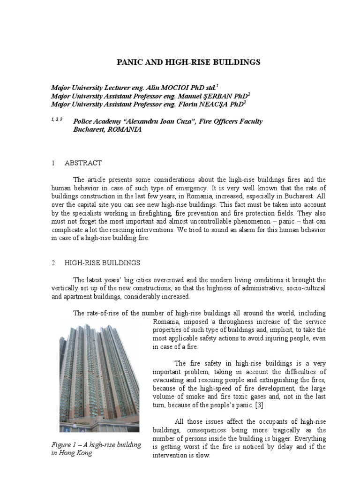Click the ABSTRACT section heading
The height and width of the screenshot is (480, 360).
83,163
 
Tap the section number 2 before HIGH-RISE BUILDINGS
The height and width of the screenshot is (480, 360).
53,263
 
